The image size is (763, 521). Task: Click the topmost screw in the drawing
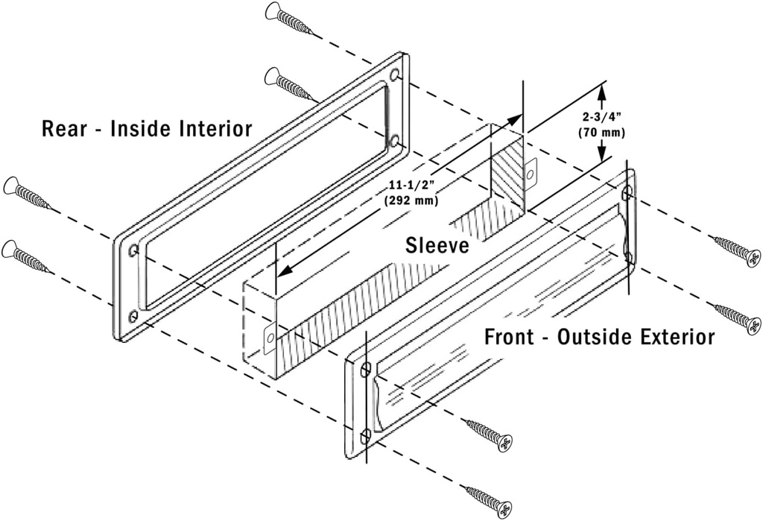(290, 18)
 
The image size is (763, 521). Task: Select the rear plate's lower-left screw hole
(133, 317)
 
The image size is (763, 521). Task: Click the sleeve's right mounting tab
(530, 173)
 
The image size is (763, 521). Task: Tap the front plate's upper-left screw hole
(365, 370)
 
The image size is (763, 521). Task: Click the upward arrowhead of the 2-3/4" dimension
(602, 91)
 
